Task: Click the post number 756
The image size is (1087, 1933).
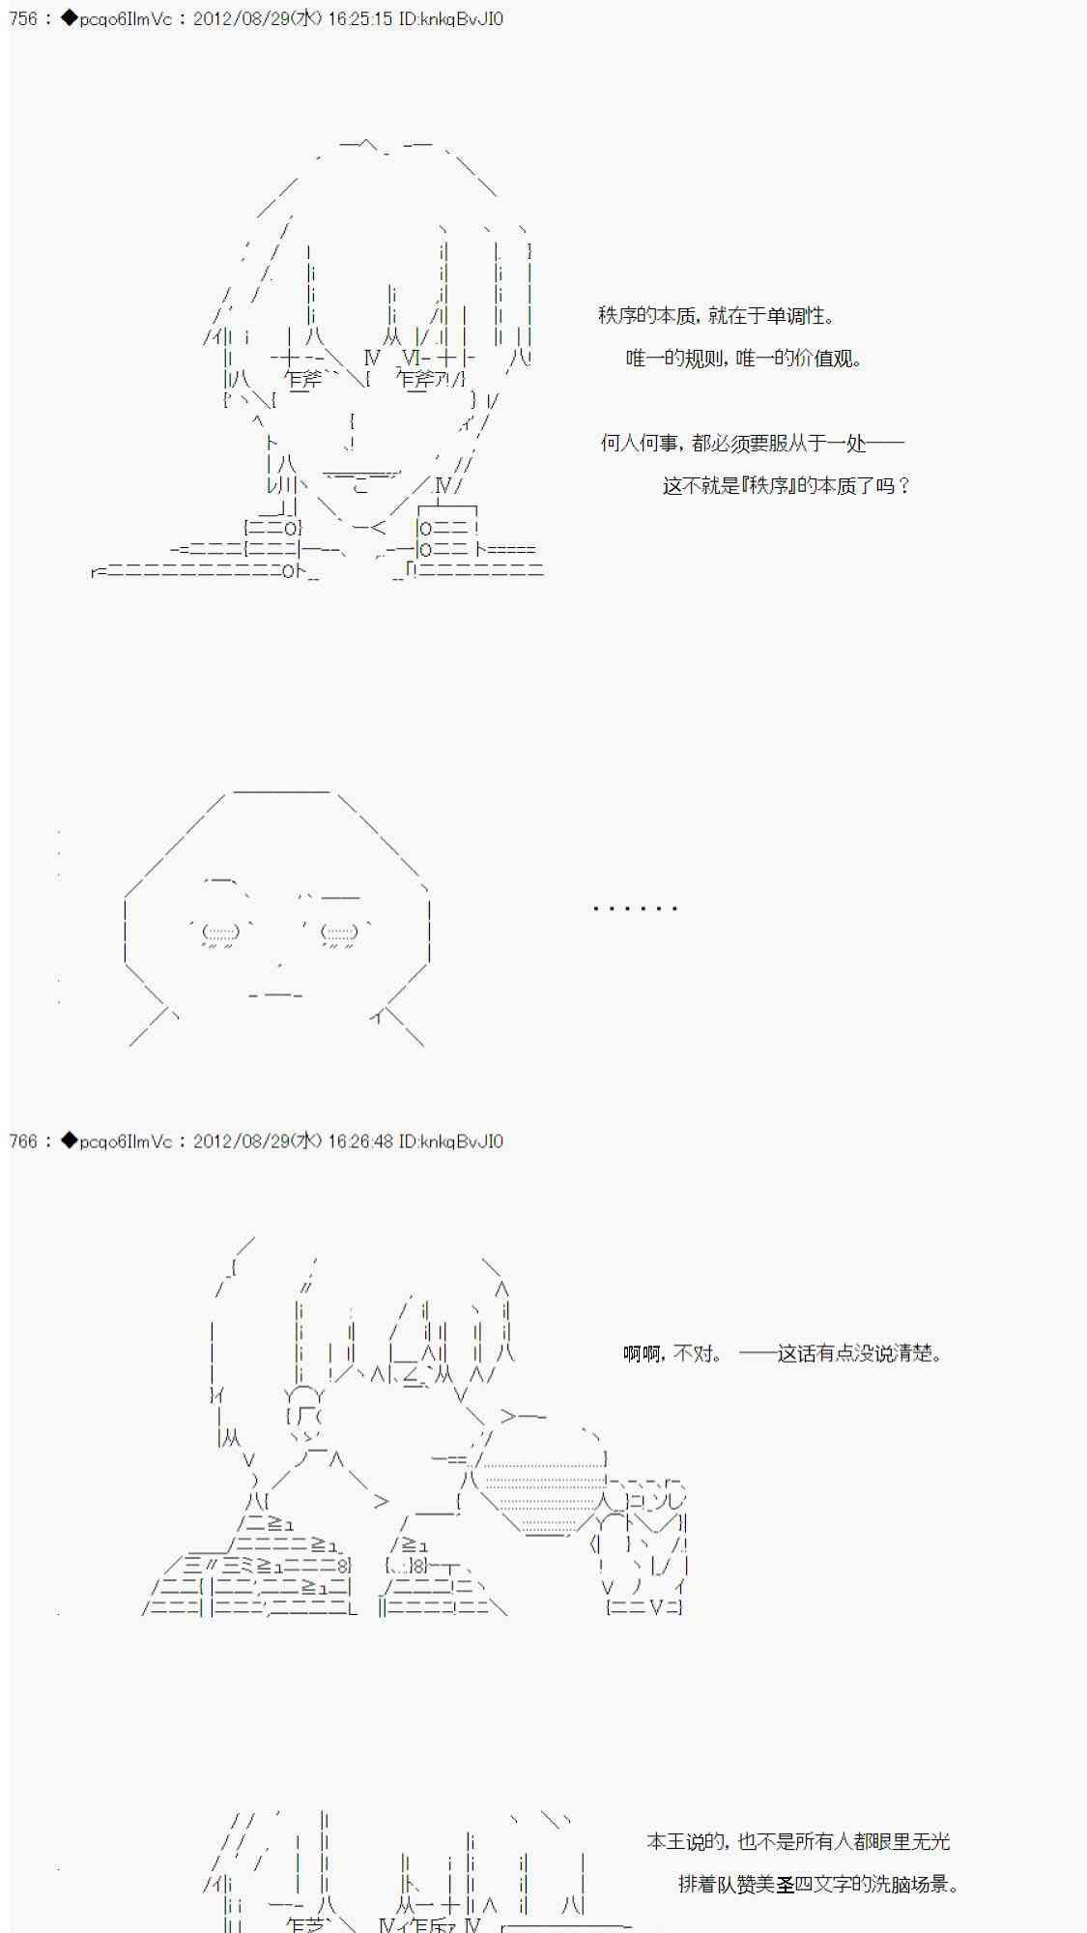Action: coord(23,19)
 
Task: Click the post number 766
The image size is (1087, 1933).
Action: coord(23,1141)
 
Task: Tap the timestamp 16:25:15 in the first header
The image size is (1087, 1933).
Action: coord(360,19)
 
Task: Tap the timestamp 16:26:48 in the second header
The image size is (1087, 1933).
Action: coord(360,1141)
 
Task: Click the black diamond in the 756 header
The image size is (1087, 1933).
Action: coord(69,19)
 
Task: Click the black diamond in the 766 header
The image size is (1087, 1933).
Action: coord(69,1141)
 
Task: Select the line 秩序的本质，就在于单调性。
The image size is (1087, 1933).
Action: coord(717,316)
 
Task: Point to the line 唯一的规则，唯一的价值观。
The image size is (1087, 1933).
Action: coord(744,359)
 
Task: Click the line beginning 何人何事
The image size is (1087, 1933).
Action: coord(753,444)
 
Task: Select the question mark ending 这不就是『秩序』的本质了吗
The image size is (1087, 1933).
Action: coord(903,486)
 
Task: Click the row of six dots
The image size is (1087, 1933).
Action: coord(635,909)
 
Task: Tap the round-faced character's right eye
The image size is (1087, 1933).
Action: coord(338,933)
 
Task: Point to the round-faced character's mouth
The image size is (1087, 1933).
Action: coord(276,995)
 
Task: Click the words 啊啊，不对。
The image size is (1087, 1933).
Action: coord(673,1354)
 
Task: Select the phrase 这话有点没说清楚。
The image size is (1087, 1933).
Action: coord(860,1354)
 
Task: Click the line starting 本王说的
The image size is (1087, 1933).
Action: coord(798,1842)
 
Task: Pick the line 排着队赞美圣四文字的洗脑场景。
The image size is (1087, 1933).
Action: coord(817,1885)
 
